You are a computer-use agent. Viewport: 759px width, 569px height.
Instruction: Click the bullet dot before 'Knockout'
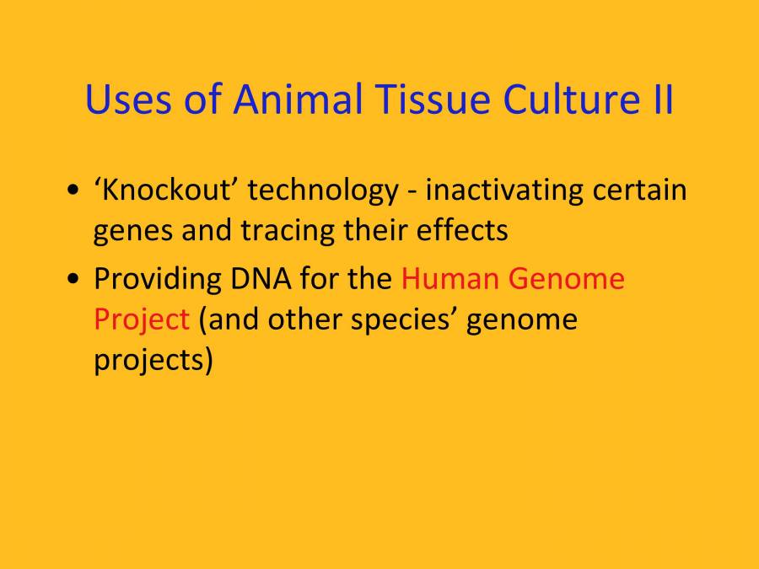tap(75, 191)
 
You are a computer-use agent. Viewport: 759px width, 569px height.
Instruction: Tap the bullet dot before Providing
tap(75, 278)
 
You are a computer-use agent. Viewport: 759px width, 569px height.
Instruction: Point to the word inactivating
tap(503, 191)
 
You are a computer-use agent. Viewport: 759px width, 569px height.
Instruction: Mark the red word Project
tap(141, 321)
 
